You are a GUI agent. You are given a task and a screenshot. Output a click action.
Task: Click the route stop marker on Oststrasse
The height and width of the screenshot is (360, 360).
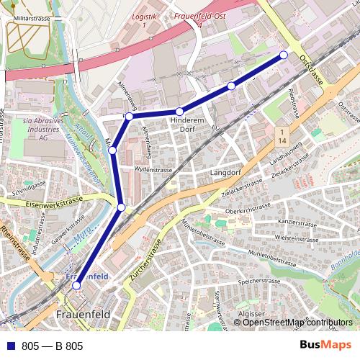[x=284, y=55]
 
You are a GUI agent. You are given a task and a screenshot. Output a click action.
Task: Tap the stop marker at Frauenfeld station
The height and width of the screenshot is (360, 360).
[x=77, y=286]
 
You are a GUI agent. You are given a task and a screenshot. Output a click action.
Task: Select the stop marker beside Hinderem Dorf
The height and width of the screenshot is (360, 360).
[x=179, y=112]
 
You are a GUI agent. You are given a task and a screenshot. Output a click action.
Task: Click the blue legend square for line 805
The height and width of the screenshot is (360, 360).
[x=12, y=346]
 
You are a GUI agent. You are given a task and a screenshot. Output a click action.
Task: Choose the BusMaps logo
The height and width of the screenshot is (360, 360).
[x=326, y=346]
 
